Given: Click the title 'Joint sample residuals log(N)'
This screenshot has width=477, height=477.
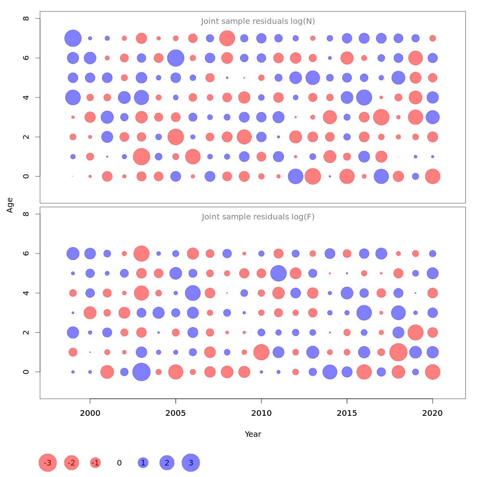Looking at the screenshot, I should tap(258, 21).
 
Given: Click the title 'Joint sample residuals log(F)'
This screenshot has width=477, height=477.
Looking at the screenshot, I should tap(258, 217).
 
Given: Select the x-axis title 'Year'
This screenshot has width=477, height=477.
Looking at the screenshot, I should tap(253, 434).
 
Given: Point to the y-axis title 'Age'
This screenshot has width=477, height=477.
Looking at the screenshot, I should tap(10, 205).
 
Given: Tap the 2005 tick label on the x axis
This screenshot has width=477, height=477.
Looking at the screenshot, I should tap(176, 413).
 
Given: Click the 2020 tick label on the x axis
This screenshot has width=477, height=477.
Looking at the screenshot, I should tap(432, 413).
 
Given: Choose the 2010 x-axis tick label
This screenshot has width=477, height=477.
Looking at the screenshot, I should tap(261, 413).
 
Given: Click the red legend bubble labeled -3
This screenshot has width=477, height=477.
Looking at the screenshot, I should tap(48, 463).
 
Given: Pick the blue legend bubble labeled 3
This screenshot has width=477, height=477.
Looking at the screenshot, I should tap(191, 463).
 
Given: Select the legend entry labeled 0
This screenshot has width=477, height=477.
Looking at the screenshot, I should tap(119, 463).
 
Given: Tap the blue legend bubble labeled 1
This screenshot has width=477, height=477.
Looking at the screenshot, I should tap(143, 463).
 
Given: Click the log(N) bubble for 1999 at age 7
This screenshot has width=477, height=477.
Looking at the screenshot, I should tap(73, 38).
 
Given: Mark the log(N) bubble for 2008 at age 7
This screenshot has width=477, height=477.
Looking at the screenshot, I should tap(227, 38).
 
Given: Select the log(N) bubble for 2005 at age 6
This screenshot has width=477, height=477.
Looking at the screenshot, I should tap(176, 58).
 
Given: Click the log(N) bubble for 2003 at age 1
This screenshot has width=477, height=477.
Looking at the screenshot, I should tap(142, 157).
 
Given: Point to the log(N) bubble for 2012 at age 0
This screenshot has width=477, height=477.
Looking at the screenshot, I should tap(295, 176).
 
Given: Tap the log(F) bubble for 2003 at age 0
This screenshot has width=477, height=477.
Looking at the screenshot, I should tap(142, 372).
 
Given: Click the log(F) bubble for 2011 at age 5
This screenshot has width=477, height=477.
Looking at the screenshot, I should tap(278, 273).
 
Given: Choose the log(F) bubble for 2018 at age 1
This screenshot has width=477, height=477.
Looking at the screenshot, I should tap(398, 352).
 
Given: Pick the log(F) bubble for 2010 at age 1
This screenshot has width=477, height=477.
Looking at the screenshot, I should tap(261, 352).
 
